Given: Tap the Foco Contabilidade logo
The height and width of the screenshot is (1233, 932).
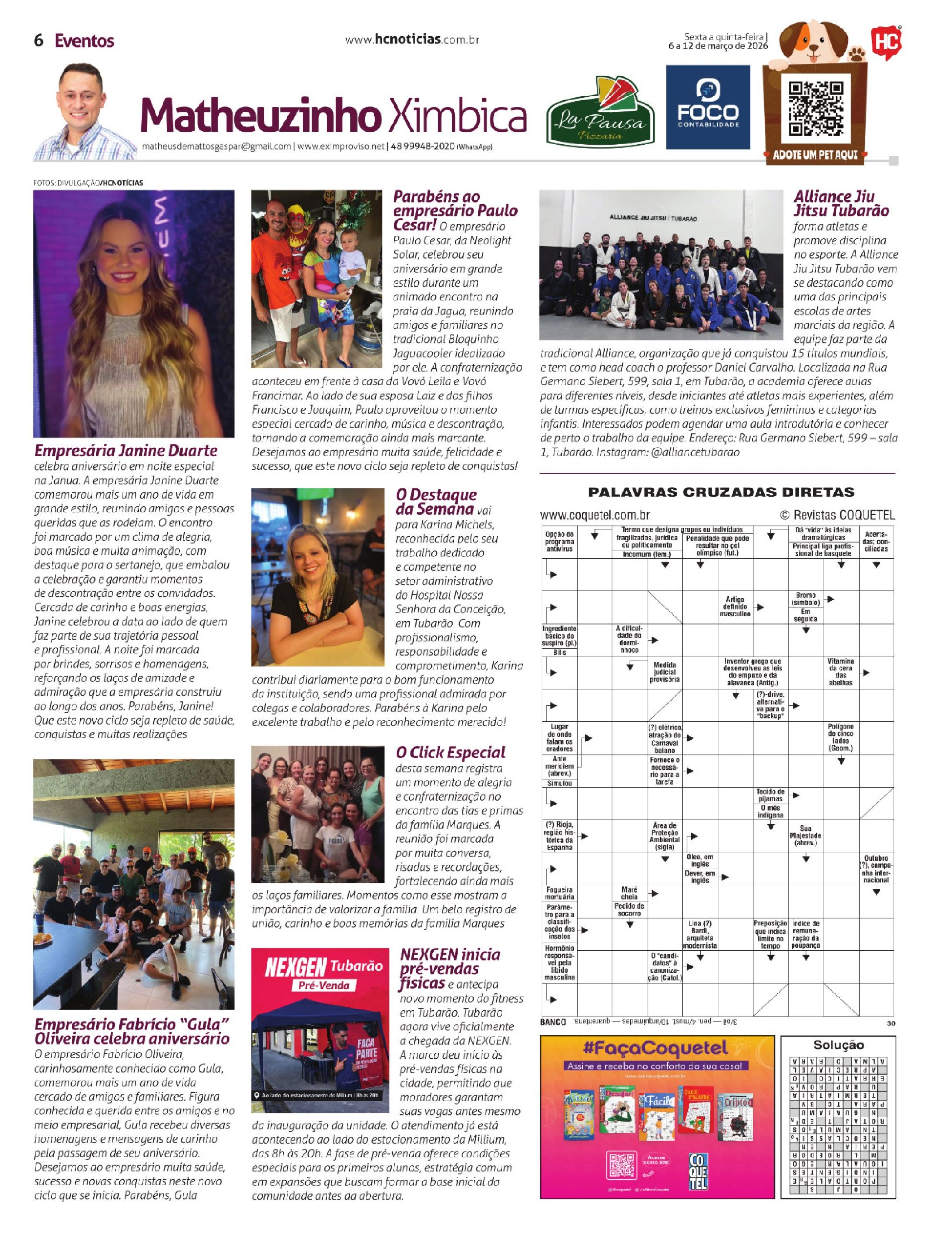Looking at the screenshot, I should coord(708,107).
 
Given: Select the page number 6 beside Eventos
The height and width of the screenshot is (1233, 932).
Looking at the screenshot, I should coord(39,41).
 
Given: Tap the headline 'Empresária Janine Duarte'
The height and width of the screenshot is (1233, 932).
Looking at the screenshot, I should coord(125,450).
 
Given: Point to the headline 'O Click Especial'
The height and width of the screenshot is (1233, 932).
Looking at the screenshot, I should coord(450,753).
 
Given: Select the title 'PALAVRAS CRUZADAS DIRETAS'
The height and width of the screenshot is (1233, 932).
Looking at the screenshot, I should coord(721,492).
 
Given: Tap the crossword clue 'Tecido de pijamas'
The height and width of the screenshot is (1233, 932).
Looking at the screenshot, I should coord(770,795).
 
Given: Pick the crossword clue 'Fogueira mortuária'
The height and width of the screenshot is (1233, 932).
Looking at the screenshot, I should coord(559,893).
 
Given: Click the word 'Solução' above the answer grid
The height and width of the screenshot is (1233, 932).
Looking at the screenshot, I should coord(838,1045).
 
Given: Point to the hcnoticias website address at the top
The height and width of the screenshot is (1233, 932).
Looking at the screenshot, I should coord(412,40).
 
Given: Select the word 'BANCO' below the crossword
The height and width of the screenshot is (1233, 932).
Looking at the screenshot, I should coord(552,1022).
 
